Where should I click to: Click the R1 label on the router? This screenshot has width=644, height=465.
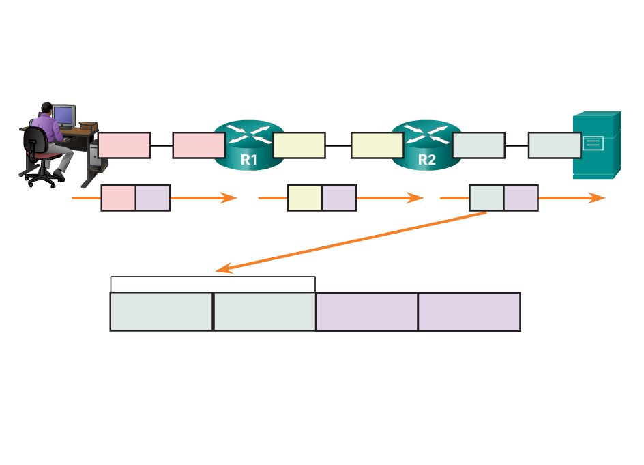(x=248, y=160)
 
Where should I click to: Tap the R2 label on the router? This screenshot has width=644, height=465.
(x=426, y=160)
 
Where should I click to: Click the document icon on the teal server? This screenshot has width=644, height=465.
(x=592, y=143)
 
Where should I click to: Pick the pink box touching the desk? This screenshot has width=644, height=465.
(x=124, y=145)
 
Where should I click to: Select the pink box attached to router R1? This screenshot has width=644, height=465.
(x=199, y=145)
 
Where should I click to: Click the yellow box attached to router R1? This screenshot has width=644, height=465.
(x=299, y=145)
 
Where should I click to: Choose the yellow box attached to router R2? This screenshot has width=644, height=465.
(x=377, y=145)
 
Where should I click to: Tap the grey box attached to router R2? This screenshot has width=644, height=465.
(x=478, y=145)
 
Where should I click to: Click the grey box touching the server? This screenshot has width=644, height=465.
(x=554, y=145)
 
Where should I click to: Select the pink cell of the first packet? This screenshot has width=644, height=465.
(x=118, y=197)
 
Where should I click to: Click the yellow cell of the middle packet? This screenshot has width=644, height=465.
(x=304, y=197)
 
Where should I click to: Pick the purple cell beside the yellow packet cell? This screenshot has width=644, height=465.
(x=338, y=197)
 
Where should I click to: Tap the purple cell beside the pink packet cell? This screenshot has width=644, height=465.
(x=152, y=197)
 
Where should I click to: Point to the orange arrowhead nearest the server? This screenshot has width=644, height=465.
(x=599, y=198)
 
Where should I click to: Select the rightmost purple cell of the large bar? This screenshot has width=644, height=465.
(x=469, y=312)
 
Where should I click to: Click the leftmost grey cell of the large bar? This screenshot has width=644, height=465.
(x=161, y=312)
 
